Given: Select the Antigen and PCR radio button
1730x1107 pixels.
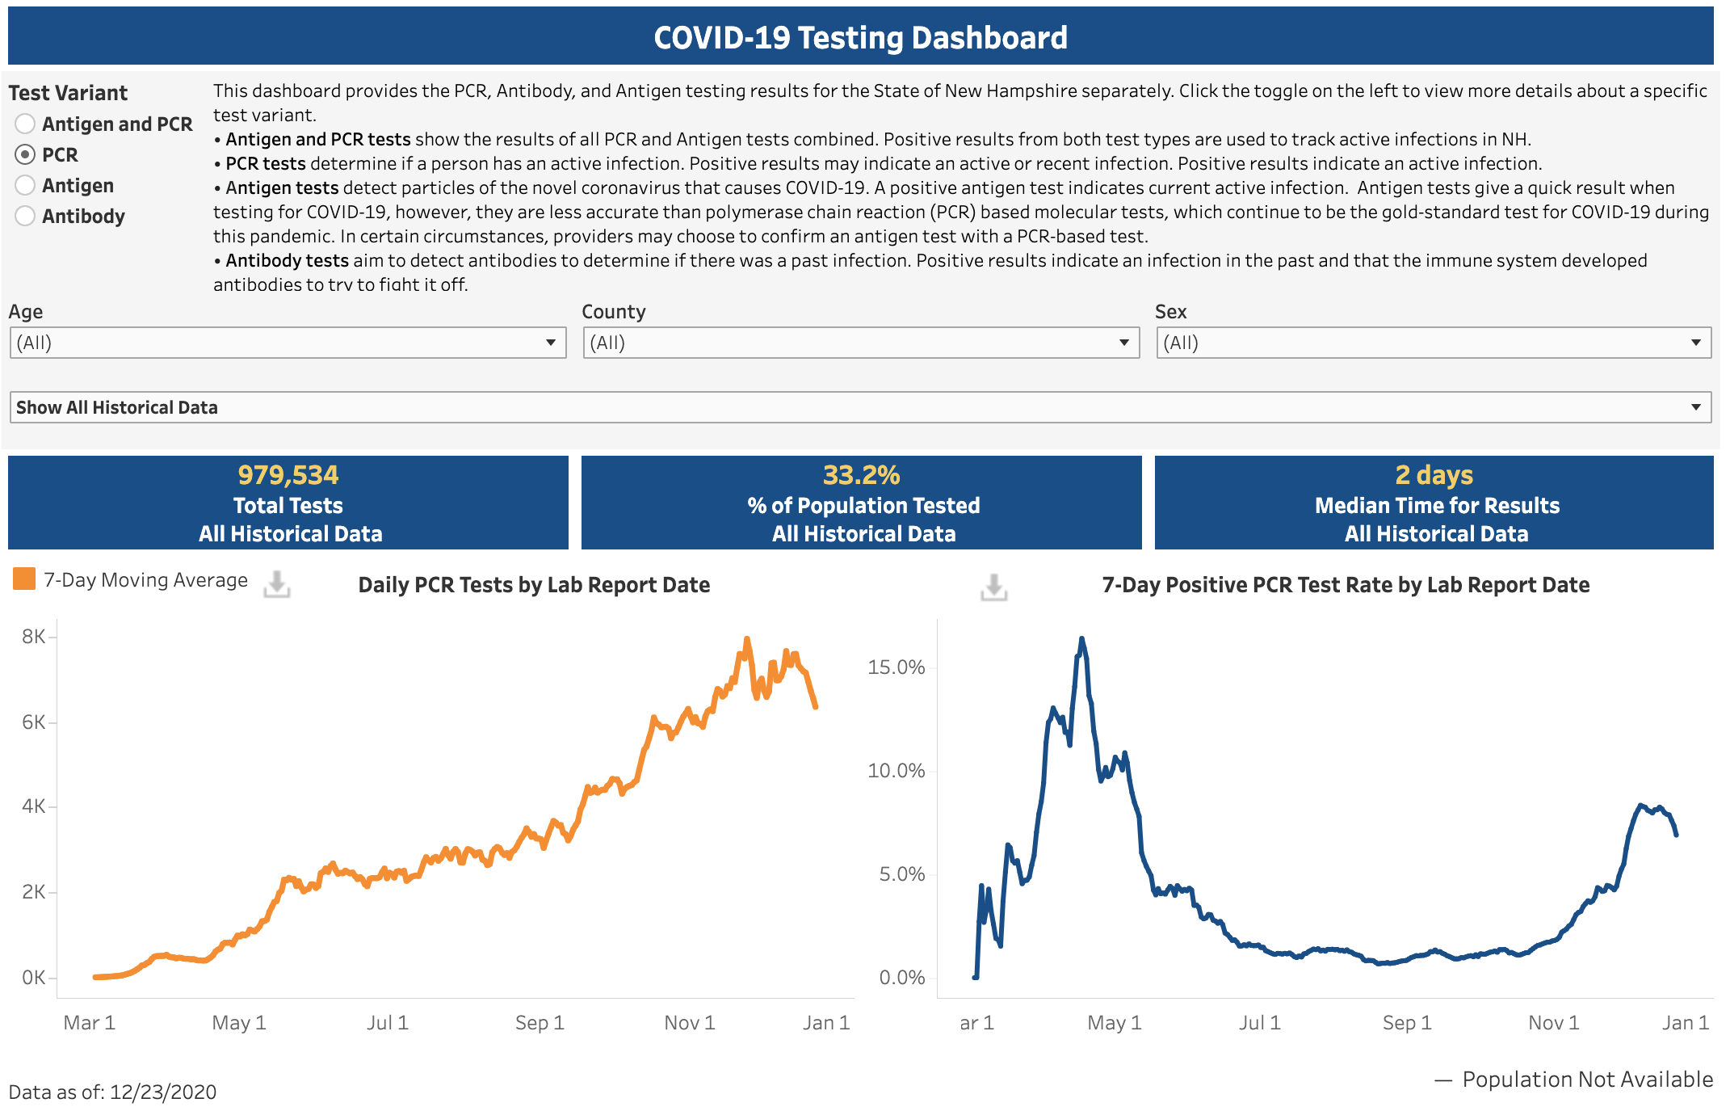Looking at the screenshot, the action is coord(25,124).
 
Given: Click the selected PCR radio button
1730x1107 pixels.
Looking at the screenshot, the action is coord(25,154).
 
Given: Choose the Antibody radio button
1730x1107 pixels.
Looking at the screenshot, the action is coord(25,216).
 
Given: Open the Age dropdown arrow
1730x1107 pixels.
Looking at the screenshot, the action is coord(550,343).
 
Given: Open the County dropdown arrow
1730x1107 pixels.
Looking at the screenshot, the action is coord(1123,343).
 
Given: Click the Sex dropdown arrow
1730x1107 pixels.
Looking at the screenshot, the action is coord(1696,343).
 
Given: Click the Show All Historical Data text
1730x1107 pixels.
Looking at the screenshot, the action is coord(117,407).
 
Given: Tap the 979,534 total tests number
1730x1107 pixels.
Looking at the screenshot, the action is coord(288,475).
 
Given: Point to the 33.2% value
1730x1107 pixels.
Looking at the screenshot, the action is coord(862,475).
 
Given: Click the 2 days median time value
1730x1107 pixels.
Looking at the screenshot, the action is coord(1434,475).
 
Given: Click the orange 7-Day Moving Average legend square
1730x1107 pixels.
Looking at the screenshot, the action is coord(24,579).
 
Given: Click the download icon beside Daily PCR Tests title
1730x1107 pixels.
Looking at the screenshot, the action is coord(277,584).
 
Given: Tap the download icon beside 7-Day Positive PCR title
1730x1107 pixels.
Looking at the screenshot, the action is coord(994,587).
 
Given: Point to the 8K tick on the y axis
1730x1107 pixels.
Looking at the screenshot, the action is coord(34,637).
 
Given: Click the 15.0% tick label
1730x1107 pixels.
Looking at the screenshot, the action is coord(896,667).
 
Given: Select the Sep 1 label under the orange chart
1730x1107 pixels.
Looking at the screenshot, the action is coord(540,1023).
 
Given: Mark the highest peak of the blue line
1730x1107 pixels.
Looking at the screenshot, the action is coord(1081,638).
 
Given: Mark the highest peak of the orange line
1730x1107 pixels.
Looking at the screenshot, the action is coord(747,639).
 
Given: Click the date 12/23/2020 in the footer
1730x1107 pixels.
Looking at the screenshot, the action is coord(163,1092).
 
